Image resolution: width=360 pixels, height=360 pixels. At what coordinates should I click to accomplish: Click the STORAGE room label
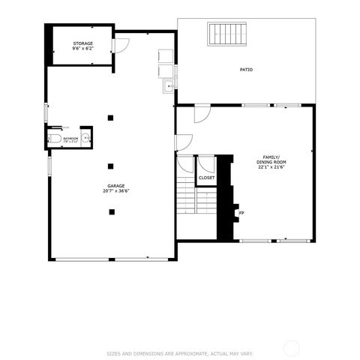pyautogui.click(x=83, y=43)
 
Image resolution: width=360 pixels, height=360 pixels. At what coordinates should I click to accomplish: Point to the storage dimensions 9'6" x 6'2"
pyautogui.click(x=83, y=49)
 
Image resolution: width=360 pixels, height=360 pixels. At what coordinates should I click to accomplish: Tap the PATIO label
pyautogui.click(x=246, y=70)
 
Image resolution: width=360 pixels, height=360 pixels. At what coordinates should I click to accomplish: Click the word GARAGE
pyautogui.click(x=115, y=185)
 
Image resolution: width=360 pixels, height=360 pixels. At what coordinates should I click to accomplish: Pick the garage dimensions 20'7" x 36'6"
pyautogui.click(x=115, y=191)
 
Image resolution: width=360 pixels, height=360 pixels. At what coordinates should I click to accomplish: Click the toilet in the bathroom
pyautogui.click(x=55, y=139)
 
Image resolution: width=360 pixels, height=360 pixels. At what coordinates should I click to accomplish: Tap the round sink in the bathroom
pyautogui.click(x=87, y=138)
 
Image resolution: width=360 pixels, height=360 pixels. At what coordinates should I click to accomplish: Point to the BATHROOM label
pyautogui.click(x=71, y=138)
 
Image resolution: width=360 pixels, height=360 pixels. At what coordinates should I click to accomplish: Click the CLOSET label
pyautogui.click(x=206, y=178)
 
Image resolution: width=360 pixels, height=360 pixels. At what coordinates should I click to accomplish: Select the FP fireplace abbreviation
pyautogui.click(x=241, y=213)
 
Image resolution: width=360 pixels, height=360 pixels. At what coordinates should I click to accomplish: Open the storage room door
pyautogui.click(x=121, y=44)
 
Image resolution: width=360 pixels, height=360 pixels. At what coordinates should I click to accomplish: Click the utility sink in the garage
pyautogui.click(x=169, y=88)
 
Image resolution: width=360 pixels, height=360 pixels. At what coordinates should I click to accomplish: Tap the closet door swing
pyautogui.click(x=204, y=164)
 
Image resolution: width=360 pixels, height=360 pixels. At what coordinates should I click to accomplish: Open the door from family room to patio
pyautogui.click(x=201, y=114)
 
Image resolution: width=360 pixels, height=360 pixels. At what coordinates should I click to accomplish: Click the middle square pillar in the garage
pyautogui.click(x=111, y=165)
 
